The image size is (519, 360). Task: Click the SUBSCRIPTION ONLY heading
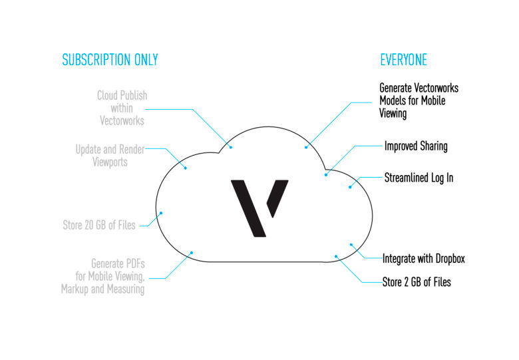point(110,60)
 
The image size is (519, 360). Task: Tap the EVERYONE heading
point(403,60)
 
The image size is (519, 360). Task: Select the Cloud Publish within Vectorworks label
point(122,108)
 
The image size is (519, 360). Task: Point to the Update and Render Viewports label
point(110,156)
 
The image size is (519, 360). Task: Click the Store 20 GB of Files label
point(99,225)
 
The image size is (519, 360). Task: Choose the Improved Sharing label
point(416,146)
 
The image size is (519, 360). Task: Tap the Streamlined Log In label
point(419,178)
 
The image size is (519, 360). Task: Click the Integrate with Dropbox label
point(424,258)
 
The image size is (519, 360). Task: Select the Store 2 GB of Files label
point(417,282)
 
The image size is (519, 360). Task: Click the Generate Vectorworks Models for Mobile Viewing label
point(419,100)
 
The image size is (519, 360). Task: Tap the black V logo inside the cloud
point(259,208)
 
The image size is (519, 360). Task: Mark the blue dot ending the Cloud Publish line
point(231,147)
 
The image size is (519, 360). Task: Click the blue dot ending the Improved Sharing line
point(326,175)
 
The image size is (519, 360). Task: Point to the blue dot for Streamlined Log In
point(350,187)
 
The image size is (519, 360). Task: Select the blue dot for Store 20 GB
point(161,213)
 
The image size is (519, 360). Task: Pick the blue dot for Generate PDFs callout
point(192,253)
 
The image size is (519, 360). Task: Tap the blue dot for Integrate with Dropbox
point(351,245)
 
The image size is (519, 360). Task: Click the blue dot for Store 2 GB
point(336,256)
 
